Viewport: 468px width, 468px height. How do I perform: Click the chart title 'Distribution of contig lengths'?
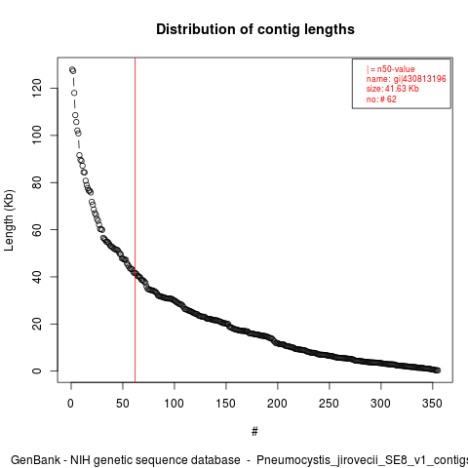[255, 29]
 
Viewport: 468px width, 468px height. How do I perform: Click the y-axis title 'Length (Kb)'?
[9, 220]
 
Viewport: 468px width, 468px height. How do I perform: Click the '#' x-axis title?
[254, 432]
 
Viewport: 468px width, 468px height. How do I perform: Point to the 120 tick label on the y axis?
[37, 88]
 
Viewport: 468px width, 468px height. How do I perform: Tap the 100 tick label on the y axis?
[37, 136]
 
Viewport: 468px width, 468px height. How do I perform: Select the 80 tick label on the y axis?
[37, 182]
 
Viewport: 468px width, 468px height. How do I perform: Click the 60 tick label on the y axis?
[37, 229]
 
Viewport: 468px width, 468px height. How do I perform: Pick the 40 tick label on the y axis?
[37, 277]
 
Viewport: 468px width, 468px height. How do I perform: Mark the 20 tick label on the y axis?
[37, 324]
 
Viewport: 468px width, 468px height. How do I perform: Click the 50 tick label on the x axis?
[123, 404]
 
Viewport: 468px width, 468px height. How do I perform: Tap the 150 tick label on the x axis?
[225, 404]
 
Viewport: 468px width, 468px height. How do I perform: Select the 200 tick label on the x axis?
[277, 404]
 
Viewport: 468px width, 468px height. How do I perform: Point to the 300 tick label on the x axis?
[380, 404]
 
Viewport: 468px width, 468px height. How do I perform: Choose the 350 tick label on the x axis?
[432, 404]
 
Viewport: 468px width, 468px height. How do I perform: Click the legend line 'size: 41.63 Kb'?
[393, 89]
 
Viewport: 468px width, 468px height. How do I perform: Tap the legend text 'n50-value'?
[396, 69]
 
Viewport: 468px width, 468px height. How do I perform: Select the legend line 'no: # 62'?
[381, 98]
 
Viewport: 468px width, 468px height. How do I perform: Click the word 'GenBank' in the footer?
[35, 460]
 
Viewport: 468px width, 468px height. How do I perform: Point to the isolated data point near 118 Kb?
[74, 93]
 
